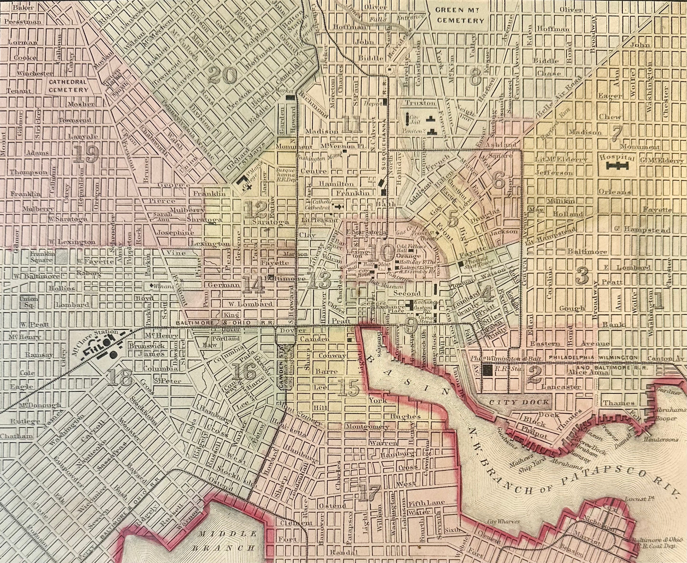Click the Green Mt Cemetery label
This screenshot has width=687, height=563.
(x=462, y=16)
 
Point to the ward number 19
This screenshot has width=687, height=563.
(x=86, y=154)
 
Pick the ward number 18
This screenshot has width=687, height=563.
(x=119, y=378)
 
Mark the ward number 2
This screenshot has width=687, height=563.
(x=534, y=376)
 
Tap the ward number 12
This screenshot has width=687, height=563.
(x=257, y=208)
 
